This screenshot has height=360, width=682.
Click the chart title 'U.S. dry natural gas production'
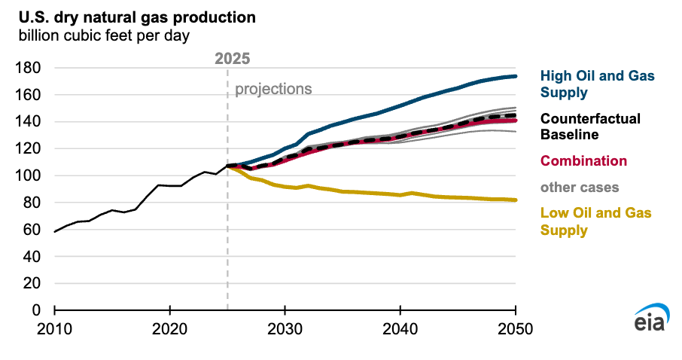132,17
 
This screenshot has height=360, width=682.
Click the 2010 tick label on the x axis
55,329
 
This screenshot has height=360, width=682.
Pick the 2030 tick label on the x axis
285,329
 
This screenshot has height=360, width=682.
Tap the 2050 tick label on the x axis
516,329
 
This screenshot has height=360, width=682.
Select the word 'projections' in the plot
273,89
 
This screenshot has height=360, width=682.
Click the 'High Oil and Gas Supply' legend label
598,84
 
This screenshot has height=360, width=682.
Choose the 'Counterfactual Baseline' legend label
590,127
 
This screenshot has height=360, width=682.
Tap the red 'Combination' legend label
583,161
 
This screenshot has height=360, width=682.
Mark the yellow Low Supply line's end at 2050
516,200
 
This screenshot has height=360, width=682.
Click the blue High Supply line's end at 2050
516,76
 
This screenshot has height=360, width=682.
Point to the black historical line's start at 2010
55,232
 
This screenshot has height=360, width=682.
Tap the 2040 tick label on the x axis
400,329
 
